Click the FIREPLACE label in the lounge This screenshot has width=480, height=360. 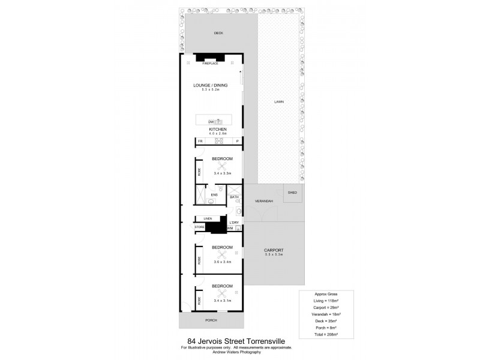pos(210,63)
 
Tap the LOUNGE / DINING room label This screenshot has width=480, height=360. pos(210,85)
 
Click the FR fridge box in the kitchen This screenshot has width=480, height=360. pos(200,142)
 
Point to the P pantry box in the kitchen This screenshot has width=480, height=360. pos(238,142)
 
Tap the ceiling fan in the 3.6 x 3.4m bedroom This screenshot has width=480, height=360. pos(222,255)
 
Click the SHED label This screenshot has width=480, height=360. pos(293,193)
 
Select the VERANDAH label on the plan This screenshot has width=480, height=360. pos(264,201)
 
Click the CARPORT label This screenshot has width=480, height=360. pos(273,250)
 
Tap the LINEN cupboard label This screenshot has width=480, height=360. pos(208,218)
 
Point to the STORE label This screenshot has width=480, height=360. pos(200,227)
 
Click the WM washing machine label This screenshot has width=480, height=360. pos(230,228)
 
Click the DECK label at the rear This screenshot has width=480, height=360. pos(209,33)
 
